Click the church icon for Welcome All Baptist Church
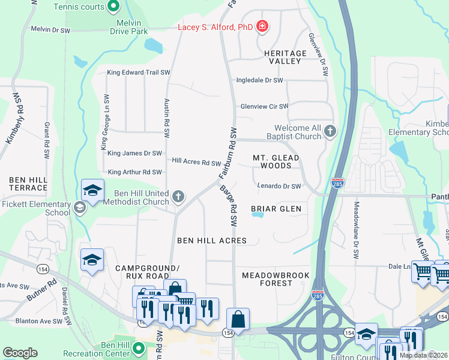pyautogui.click(x=330, y=131)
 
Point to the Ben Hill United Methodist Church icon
pyautogui.click(x=178, y=196)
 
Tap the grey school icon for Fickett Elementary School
pyautogui.click(x=79, y=208)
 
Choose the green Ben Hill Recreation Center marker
pyautogui.click(x=139, y=348)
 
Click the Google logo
pyautogui.click(x=20, y=353)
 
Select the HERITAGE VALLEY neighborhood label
pyautogui.click(x=285, y=57)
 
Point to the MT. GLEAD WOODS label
pyautogui.click(x=276, y=161)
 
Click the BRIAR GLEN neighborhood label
pyautogui.click(x=276, y=209)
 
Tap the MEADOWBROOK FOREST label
pyautogui.click(x=276, y=279)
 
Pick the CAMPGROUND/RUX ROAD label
pyautogui.click(x=147, y=272)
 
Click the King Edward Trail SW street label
pyautogui.click(x=139, y=73)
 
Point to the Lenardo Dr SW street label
pyautogui.click(x=279, y=187)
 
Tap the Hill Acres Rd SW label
pyautogui.click(x=196, y=162)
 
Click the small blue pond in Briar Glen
pyautogui.click(x=258, y=217)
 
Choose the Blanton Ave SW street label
pyautogui.click(x=39, y=321)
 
